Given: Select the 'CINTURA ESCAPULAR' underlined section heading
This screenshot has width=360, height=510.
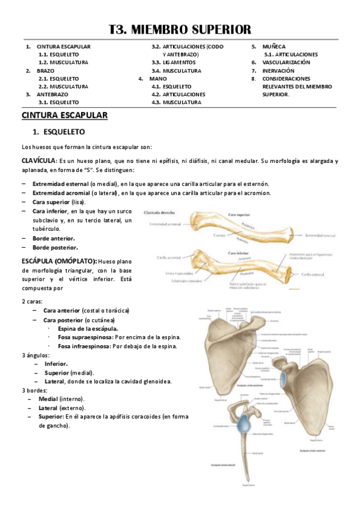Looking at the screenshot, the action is click(x=64, y=115).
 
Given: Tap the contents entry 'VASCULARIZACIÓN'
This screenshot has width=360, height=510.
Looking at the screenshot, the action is click(x=286, y=62).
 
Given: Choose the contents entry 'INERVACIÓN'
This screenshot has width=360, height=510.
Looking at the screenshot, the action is click(x=278, y=70).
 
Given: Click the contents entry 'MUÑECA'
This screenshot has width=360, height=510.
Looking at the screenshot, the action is click(x=274, y=46).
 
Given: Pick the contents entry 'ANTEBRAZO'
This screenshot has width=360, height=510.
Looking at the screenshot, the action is click(x=52, y=94).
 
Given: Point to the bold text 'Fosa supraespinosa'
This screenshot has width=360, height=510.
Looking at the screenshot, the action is click(x=87, y=337).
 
